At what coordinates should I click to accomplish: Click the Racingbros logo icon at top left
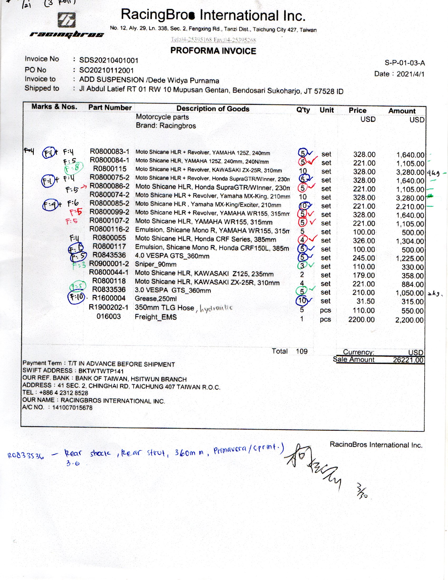point(66,20)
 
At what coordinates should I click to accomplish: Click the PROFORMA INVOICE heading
point(213,51)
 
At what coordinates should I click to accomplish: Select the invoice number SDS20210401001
point(109,61)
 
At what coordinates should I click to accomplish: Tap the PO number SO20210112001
point(106,70)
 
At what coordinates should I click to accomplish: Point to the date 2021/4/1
point(410,74)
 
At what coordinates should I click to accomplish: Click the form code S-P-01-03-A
point(405,63)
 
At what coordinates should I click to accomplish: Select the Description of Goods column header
point(213,109)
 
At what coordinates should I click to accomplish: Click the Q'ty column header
point(303,110)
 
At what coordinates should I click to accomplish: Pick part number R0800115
point(110,169)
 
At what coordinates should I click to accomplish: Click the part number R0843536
point(109,255)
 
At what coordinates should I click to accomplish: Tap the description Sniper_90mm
point(155,264)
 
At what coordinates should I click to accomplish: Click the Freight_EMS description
point(155,317)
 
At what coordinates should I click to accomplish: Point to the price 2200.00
point(361,319)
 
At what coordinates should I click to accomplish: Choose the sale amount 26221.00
point(408,360)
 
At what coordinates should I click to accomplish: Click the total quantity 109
point(302,351)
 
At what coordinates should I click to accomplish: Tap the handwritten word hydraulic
point(216,308)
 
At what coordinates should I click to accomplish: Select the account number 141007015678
point(72,408)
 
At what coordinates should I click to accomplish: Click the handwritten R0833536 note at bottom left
point(26,456)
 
